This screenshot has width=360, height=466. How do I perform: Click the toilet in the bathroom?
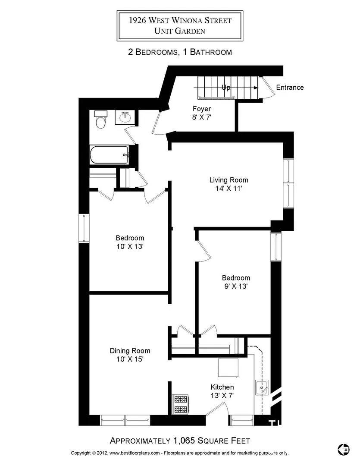point(101,120)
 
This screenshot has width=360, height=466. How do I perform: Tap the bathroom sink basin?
point(125,117)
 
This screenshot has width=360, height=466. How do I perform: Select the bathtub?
point(110,154)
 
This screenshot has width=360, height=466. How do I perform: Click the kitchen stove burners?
point(181,404)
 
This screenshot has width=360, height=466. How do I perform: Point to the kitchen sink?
point(262,387)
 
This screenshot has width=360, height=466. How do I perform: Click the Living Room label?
point(229,180)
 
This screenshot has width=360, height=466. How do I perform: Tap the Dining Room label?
point(130,351)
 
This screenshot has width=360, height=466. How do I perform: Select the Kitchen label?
point(222,387)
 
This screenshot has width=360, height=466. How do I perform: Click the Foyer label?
point(202,109)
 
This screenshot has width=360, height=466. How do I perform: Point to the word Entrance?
point(290,87)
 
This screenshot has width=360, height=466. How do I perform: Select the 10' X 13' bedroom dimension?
point(130,246)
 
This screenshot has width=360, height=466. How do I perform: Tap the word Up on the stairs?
point(226,87)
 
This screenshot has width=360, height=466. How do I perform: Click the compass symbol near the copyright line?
point(344,449)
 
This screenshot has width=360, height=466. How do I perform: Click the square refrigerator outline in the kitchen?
point(228,368)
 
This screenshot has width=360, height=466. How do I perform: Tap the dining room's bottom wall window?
point(125,420)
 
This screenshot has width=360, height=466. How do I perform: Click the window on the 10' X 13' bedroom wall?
point(84,228)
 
